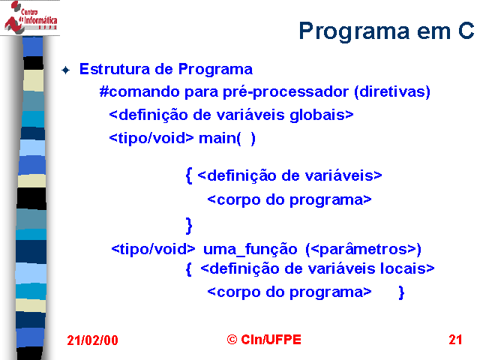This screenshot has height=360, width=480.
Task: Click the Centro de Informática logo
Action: (31, 17)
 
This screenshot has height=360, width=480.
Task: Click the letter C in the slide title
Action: (466, 31)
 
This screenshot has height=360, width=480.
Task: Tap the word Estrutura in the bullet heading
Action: (115, 69)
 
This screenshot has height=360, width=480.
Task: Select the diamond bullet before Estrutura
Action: (65, 70)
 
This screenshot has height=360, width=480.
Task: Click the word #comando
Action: (139, 91)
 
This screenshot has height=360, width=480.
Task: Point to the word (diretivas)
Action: (392, 91)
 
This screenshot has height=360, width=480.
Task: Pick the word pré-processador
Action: (286, 91)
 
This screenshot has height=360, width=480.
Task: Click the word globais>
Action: (322, 115)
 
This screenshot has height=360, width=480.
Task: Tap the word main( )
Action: (226, 138)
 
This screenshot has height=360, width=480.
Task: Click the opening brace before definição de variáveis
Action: (189, 175)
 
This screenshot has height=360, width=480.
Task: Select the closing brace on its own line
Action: (189, 226)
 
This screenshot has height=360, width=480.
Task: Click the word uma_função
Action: (250, 249)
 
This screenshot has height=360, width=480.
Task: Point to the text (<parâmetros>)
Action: (363, 250)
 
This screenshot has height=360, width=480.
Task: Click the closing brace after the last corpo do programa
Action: (402, 292)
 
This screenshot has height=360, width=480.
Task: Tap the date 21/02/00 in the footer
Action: (92, 340)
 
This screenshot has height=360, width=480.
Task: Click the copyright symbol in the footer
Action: (232, 339)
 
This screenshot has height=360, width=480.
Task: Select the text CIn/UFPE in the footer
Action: (271, 340)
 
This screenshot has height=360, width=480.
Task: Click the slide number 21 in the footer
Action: (455, 340)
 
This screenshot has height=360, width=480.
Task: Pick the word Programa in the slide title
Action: (353, 31)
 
